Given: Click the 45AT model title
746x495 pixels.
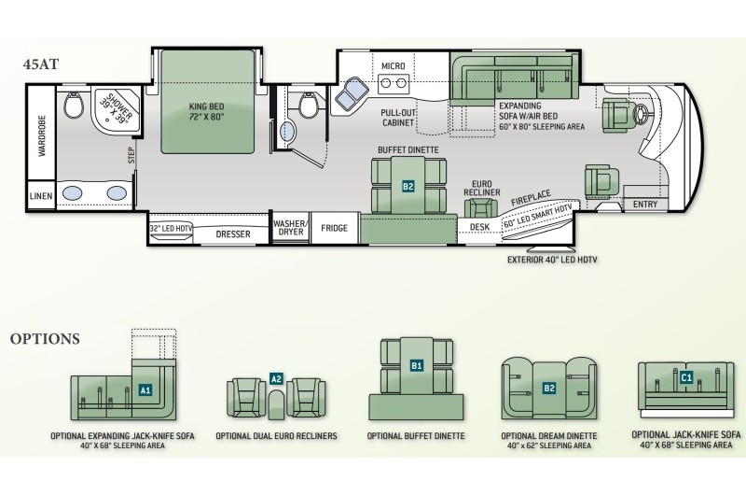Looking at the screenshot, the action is tap(41, 64).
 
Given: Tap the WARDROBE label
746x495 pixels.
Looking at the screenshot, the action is tap(42, 135).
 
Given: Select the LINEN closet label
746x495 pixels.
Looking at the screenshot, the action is tap(41, 196).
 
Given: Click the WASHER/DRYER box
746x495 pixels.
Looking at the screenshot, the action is tap(291, 228).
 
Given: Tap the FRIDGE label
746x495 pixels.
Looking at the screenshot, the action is tap(334, 228).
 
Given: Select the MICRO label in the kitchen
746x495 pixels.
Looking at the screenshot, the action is tap(393, 65).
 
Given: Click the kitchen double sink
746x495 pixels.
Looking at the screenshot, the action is tap(394, 84).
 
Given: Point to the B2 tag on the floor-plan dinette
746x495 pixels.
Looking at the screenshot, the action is tap(408, 186).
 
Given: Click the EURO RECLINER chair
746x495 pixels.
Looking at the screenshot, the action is tap(481, 207).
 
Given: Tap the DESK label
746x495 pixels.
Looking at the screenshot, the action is tap(479, 227).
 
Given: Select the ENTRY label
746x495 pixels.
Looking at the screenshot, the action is tap(644, 204).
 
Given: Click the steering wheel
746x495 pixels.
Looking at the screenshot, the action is tap(641, 113).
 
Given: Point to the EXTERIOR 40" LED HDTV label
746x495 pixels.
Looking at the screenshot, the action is tap(552, 260).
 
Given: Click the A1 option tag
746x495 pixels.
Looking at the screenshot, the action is tap(145, 390).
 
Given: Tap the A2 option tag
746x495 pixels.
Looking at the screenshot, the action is tap(276, 379).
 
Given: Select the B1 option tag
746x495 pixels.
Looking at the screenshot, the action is tap(416, 366).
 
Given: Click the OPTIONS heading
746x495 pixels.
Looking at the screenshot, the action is tap(45, 339).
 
